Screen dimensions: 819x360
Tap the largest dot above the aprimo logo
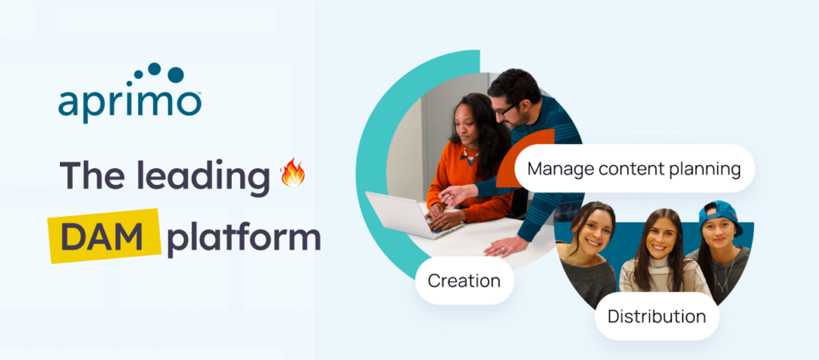point(175,74)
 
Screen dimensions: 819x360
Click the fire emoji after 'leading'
point(293,173)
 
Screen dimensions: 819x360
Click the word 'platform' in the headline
point(244,239)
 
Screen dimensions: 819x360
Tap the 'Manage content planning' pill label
point(634,168)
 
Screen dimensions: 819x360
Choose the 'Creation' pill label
point(465,281)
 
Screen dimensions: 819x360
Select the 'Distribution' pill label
point(657,316)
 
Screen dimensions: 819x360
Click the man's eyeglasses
point(505,110)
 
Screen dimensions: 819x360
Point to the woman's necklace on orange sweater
point(468,156)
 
